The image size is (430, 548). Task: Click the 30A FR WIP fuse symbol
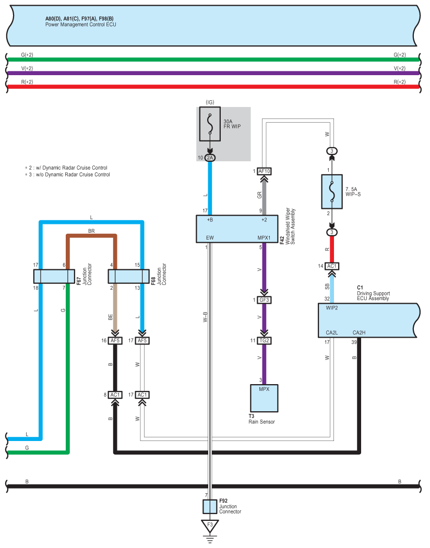pyautogui.click(x=210, y=124)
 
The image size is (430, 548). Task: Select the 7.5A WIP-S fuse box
pyautogui.click(x=331, y=192)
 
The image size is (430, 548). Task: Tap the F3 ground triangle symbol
pyautogui.click(x=210, y=526)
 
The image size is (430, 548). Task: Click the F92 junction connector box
pyautogui.click(x=210, y=506)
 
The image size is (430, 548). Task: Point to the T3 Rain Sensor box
pyautogui.click(x=264, y=398)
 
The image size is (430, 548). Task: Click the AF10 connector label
pyautogui.click(x=264, y=171)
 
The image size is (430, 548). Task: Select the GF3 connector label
pyautogui.click(x=264, y=300)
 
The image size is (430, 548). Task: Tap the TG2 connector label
pyautogui.click(x=264, y=340)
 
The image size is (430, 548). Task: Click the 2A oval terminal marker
pyautogui.click(x=210, y=158)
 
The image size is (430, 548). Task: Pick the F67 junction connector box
pyautogui.click(x=54, y=276)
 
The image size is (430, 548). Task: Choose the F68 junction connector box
pyautogui.click(x=128, y=276)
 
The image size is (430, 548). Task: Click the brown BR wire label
pyautogui.click(x=91, y=231)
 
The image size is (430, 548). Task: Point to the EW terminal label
pyautogui.click(x=210, y=237)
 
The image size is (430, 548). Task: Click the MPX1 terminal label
pyautogui.click(x=264, y=237)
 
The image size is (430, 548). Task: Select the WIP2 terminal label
pyautogui.click(x=332, y=308)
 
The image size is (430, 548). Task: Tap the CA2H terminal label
pyautogui.click(x=359, y=332)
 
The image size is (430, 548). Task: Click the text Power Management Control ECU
pyautogui.click(x=81, y=25)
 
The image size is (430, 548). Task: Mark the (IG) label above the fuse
pyautogui.click(x=210, y=102)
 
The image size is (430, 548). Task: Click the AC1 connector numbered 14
pyautogui.click(x=331, y=266)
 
